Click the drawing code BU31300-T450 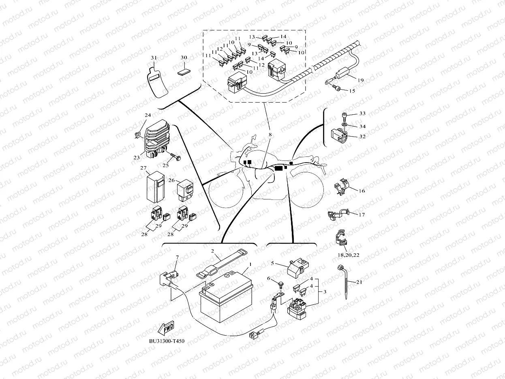(x=167, y=341)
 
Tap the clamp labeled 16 (x=342, y=187)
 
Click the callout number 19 (x=360, y=81)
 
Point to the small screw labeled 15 (x=335, y=88)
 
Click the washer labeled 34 (x=345, y=125)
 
